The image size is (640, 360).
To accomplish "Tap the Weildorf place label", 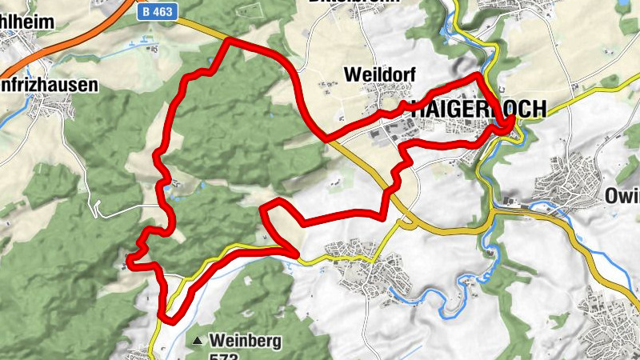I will (x=372, y=74).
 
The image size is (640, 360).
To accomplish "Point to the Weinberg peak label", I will (x=246, y=342).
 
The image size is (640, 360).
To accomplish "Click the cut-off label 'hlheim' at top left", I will (x=27, y=22).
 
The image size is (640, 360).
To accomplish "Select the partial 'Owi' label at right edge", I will (x=622, y=194).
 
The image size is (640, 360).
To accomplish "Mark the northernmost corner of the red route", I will (x=230, y=39).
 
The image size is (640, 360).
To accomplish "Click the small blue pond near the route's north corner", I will (x=210, y=62).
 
